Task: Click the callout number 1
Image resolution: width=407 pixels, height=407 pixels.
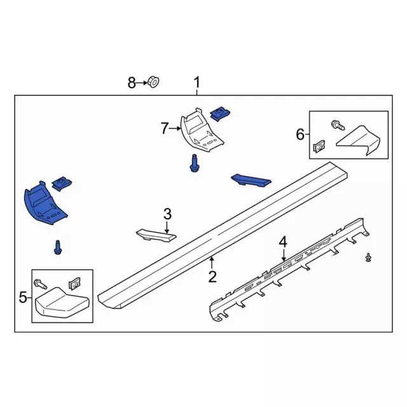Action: click(x=197, y=82)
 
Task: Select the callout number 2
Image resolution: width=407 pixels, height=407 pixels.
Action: click(x=212, y=276)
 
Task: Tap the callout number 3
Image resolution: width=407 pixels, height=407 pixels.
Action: click(x=167, y=213)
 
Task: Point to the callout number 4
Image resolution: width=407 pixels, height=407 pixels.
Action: click(x=282, y=241)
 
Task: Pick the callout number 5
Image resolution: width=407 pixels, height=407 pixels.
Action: click(x=23, y=296)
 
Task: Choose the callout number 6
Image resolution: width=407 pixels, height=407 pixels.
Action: click(x=300, y=134)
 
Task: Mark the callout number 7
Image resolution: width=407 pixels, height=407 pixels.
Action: click(x=165, y=129)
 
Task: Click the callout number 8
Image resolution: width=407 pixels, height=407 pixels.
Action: click(x=132, y=82)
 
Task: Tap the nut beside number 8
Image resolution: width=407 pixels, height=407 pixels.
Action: click(x=153, y=81)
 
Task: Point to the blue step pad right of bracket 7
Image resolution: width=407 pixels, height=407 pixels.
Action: click(x=250, y=181)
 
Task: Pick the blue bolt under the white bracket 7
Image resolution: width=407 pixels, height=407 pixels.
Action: click(x=193, y=164)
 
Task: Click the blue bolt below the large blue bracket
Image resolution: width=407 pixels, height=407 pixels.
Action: click(x=58, y=247)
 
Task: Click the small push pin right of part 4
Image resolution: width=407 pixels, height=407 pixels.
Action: click(x=368, y=256)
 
